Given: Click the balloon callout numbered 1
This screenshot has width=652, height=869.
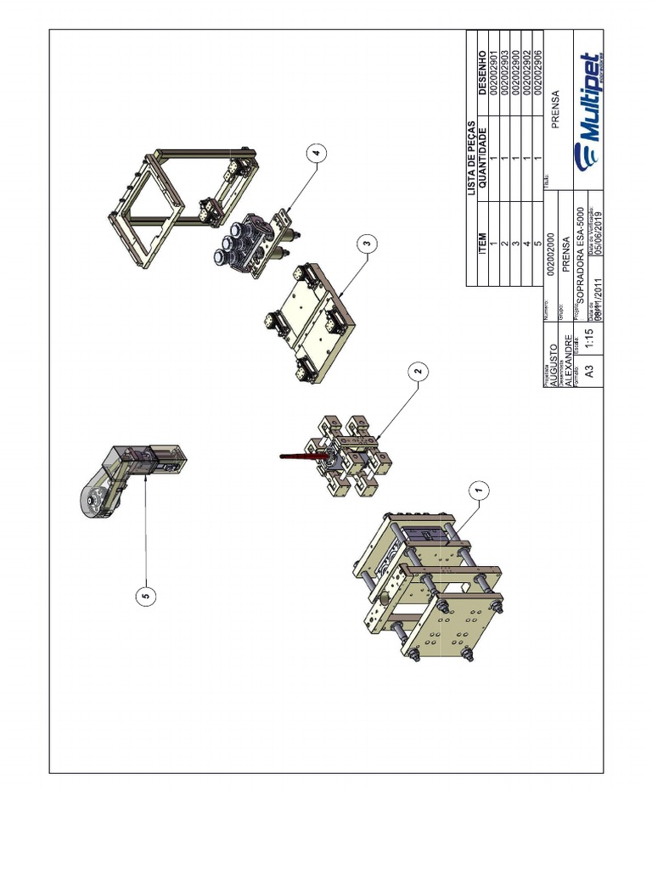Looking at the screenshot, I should pyautogui.click(x=479, y=491).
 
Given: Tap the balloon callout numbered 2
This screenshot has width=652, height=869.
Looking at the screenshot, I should pyautogui.click(x=417, y=371).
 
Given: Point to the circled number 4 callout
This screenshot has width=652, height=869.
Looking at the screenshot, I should pyautogui.click(x=316, y=154).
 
